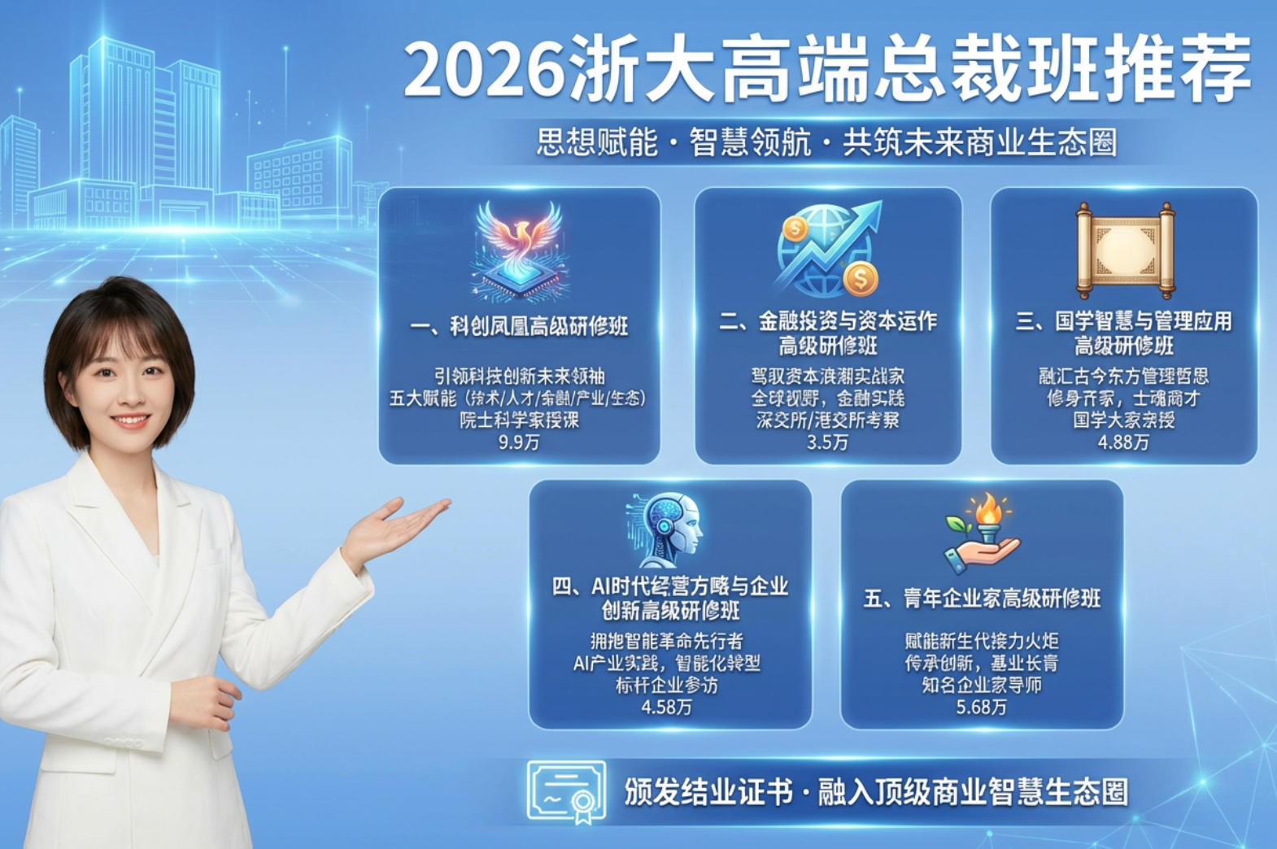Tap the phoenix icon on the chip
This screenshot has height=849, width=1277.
tap(520, 250)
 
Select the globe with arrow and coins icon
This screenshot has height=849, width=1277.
tap(827, 248)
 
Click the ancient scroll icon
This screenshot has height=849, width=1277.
tap(1125, 250)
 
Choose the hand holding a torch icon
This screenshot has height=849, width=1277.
tap(982, 533)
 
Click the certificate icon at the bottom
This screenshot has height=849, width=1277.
tap(566, 791)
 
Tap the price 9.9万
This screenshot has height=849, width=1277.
tap(519, 442)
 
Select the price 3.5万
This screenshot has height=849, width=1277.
tap(827, 442)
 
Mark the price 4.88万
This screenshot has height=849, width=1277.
tap(1123, 442)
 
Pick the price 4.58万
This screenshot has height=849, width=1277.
tap(666, 707)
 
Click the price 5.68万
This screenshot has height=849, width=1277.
tap(981, 707)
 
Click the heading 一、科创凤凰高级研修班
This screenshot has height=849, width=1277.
tap(519, 327)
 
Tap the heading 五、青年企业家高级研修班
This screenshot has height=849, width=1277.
tap(982, 599)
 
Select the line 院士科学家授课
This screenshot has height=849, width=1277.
tap(519, 420)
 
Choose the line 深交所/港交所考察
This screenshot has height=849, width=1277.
tap(827, 420)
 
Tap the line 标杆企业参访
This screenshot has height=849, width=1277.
tap(666, 685)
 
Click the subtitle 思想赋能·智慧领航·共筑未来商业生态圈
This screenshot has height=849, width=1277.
tap(826, 142)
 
